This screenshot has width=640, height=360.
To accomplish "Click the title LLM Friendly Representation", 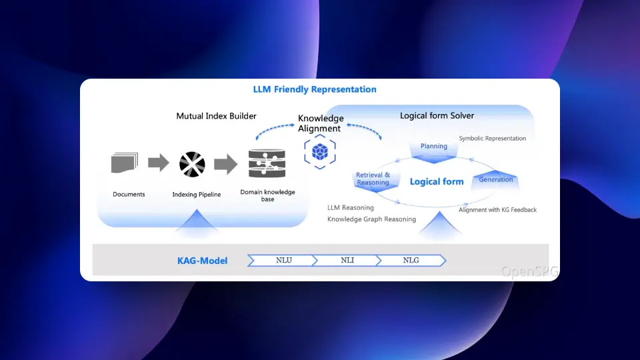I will point(315,89).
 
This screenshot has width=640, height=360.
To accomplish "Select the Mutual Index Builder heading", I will point(216,116).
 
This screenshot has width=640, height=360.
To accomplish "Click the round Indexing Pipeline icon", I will point(192,164).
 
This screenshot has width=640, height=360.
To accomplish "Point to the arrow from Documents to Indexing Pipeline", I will point(159,163).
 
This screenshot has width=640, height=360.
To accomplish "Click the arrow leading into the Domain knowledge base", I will point(227,163).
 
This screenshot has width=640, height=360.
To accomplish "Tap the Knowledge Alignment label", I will point(321,123).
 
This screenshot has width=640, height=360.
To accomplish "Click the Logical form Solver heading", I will point(437,115).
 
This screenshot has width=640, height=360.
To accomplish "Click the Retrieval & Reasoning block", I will point(373,179).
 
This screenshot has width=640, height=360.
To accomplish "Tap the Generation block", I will point(495,179).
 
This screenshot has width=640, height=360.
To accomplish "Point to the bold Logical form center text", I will point(437,181).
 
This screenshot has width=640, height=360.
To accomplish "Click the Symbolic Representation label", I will point(492,139).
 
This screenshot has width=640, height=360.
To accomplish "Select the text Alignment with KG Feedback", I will point(497,210).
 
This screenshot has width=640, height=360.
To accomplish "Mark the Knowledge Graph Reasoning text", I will point(371,219).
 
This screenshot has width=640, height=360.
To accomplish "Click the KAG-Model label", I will point(202,261).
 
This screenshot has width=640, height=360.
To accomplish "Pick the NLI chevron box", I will point(347,260).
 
